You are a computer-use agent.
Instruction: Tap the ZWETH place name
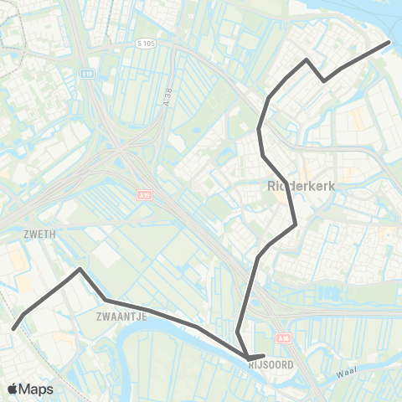39,235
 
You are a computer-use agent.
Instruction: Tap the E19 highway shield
86,74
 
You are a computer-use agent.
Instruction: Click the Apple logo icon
13,389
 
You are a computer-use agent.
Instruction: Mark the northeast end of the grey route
389,42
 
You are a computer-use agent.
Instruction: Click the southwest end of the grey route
13,327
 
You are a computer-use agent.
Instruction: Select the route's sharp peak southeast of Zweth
80,270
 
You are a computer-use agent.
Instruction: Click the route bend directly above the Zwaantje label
105,300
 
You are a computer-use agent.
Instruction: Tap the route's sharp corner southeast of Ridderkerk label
296,224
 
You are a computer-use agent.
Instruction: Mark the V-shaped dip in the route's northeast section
324,80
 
